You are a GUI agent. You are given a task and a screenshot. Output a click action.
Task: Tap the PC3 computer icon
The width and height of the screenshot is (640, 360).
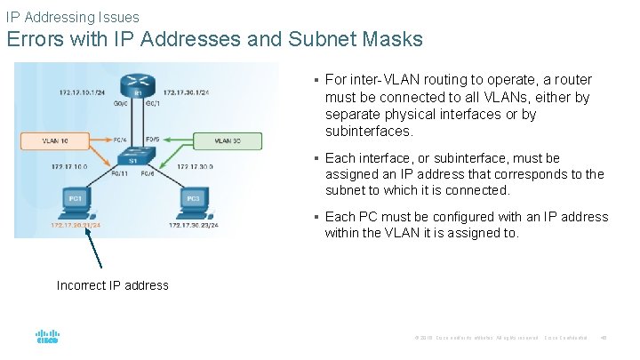(193, 199)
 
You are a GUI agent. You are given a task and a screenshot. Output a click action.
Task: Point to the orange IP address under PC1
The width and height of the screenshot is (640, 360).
(76, 226)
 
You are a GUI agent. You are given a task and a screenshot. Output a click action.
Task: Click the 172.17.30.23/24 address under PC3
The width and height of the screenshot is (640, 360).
(193, 226)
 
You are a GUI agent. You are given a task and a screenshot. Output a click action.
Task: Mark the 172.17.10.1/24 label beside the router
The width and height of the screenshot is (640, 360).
(82, 92)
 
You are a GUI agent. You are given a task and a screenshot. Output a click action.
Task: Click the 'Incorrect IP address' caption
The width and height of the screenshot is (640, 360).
(112, 285)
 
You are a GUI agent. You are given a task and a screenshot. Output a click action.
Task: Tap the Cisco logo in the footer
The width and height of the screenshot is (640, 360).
(47, 337)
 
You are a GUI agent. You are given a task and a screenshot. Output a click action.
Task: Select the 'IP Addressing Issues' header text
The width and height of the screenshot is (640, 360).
(72, 17)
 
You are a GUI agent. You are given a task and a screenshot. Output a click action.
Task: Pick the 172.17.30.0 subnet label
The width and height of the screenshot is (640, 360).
(195, 166)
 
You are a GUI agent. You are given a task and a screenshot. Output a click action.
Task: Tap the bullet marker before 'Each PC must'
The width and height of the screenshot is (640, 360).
(316, 217)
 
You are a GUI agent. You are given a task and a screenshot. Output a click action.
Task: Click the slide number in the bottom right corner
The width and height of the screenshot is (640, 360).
(604, 338)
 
